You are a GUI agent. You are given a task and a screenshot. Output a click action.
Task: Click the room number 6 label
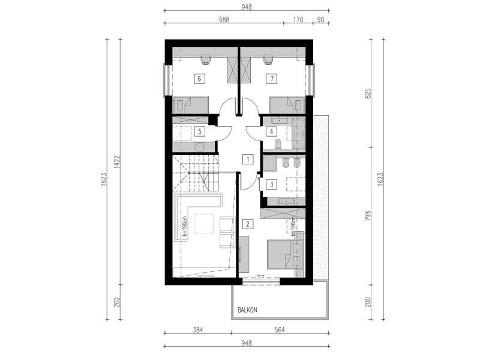199,79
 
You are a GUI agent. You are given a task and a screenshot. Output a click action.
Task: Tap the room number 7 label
272,79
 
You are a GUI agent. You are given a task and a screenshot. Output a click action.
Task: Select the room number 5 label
200,131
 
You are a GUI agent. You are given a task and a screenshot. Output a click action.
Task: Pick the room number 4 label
271,131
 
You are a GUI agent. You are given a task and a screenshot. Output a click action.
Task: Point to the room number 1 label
248,159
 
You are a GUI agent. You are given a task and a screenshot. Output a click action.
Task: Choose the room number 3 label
271,185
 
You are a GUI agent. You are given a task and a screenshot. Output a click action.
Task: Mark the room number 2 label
248,224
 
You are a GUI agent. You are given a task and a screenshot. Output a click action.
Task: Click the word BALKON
247,310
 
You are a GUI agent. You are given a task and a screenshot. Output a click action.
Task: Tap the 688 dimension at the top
224,20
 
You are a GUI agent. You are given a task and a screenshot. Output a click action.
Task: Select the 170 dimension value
298,20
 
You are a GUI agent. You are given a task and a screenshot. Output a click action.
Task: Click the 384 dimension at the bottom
198,330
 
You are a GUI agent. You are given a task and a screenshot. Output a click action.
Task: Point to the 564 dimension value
280,330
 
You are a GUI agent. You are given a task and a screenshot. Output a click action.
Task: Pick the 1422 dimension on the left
116,162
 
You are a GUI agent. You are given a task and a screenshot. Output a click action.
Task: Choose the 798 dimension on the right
368,216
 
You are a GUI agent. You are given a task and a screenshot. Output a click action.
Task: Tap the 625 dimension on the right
368,93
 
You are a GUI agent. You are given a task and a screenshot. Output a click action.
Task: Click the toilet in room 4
278,144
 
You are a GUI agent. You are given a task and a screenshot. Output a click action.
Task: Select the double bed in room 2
285,254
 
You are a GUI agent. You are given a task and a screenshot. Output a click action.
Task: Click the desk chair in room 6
205,59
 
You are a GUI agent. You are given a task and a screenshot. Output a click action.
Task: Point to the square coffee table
203,224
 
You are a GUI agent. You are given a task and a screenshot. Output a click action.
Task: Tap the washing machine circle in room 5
200,147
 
